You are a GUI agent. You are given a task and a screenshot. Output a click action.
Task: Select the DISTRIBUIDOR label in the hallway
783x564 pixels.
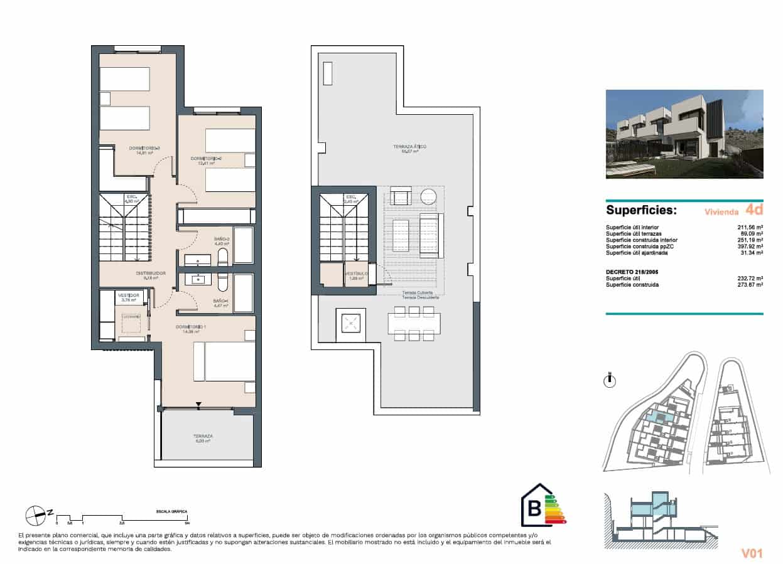(x=151, y=273)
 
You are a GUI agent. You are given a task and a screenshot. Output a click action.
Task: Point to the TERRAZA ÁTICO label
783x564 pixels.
(x=410, y=147)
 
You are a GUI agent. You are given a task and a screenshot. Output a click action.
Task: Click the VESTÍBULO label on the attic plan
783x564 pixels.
(x=356, y=274)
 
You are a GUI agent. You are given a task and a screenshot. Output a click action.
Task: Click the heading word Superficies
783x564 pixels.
(x=640, y=210)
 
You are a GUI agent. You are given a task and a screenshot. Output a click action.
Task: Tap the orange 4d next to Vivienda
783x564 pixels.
(x=753, y=209)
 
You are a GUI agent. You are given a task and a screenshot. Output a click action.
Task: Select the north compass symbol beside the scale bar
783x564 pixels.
(x=36, y=516)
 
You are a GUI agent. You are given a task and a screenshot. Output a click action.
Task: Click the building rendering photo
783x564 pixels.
(x=684, y=134)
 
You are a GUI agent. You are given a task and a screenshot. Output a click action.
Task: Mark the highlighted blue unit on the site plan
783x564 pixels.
(x=658, y=415)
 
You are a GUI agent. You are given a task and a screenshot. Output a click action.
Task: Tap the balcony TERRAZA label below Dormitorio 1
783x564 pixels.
(x=203, y=435)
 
